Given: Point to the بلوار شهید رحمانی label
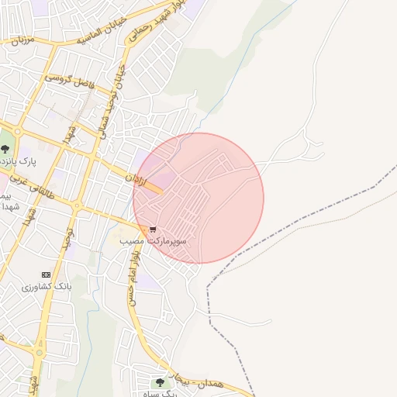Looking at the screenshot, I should pyautogui.click(x=165, y=17).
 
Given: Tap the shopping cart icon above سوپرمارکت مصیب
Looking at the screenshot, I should pyautogui.click(x=153, y=230).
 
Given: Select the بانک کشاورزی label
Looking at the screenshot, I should pyautogui.click(x=47, y=286).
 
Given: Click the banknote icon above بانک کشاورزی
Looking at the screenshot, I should pyautogui.click(x=46, y=274).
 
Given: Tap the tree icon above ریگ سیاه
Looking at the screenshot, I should pyautogui.click(x=160, y=382).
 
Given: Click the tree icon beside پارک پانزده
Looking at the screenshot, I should pyautogui.click(x=5, y=147).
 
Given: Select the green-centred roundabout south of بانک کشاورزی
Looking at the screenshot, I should pyautogui.click(x=38, y=353).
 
